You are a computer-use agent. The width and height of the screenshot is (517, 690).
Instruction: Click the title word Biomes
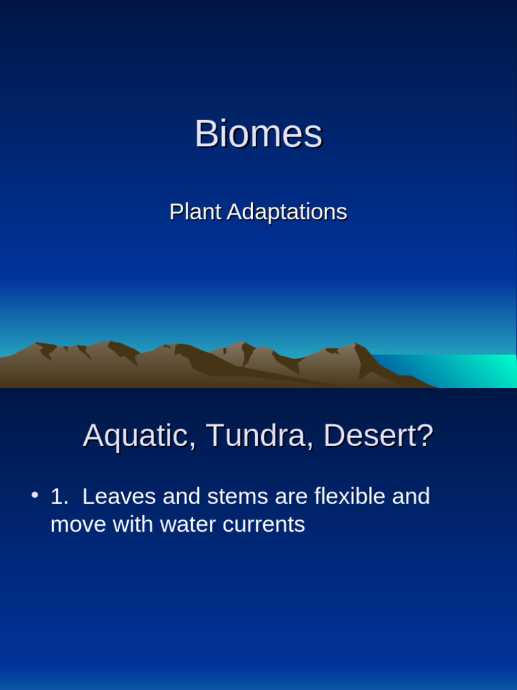258,134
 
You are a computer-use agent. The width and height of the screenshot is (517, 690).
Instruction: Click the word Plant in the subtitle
195,212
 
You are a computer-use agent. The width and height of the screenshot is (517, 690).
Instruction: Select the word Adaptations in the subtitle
287,212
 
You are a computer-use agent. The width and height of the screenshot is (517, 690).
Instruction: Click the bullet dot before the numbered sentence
34,496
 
